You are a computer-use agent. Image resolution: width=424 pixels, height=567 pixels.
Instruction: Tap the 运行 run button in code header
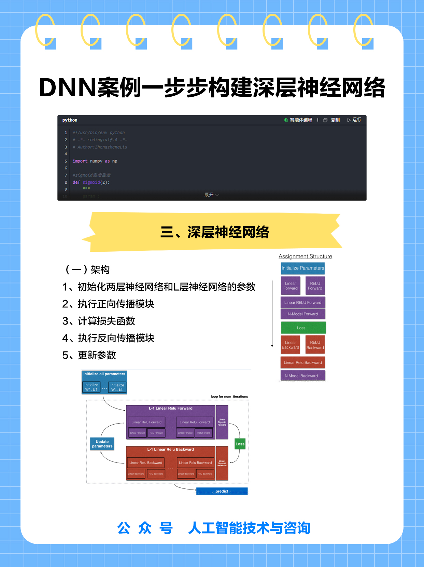tap(354, 120)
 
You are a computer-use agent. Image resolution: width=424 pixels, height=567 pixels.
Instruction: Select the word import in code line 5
tap(80, 161)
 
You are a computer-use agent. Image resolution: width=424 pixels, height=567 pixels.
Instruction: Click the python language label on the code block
tap(70, 120)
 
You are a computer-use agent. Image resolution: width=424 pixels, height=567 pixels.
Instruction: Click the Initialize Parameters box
tap(302, 268)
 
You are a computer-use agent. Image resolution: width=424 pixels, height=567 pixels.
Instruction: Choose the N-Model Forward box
tap(303, 314)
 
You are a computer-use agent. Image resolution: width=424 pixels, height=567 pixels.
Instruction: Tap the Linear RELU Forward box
tap(303, 302)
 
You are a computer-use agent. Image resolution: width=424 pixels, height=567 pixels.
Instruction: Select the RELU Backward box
tap(315, 345)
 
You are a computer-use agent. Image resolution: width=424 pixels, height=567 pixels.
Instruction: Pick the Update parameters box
tap(102, 444)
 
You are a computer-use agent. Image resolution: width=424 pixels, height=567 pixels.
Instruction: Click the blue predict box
tap(222, 491)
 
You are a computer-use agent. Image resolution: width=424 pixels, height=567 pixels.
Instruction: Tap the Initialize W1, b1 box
tap(91, 387)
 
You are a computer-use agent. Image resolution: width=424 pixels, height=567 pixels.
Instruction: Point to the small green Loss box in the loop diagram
tap(240, 444)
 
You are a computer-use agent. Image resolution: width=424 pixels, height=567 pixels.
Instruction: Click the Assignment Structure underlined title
tap(305, 257)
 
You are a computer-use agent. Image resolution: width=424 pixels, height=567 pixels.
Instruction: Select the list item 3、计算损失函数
tap(99, 321)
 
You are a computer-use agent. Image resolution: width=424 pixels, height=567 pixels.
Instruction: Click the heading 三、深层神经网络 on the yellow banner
tap(215, 232)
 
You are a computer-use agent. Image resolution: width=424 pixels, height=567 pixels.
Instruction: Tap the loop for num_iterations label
tap(229, 397)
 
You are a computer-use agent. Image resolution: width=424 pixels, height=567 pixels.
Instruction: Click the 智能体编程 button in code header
tap(298, 120)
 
